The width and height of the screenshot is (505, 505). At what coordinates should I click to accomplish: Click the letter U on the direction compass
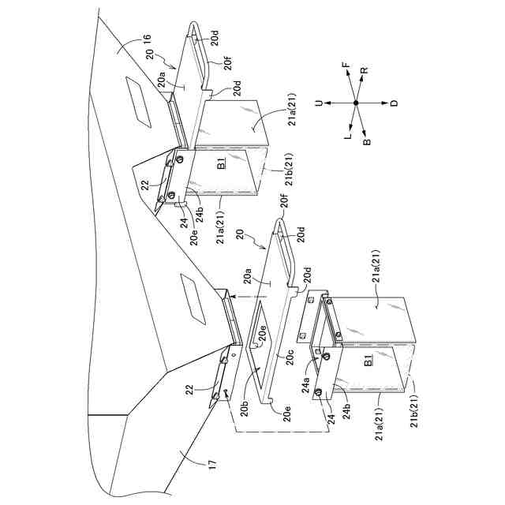coord(318,103)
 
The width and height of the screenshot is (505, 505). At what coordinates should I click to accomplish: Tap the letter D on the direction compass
coord(394,103)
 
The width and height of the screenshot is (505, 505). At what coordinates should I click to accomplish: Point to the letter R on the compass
coord(364,72)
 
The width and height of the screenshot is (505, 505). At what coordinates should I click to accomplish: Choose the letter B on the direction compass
coord(366,142)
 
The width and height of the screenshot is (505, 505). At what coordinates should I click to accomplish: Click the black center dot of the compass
coord(356,103)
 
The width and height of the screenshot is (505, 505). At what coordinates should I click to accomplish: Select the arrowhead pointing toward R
coord(362,81)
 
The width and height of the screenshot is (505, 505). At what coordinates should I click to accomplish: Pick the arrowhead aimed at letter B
coord(363,131)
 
